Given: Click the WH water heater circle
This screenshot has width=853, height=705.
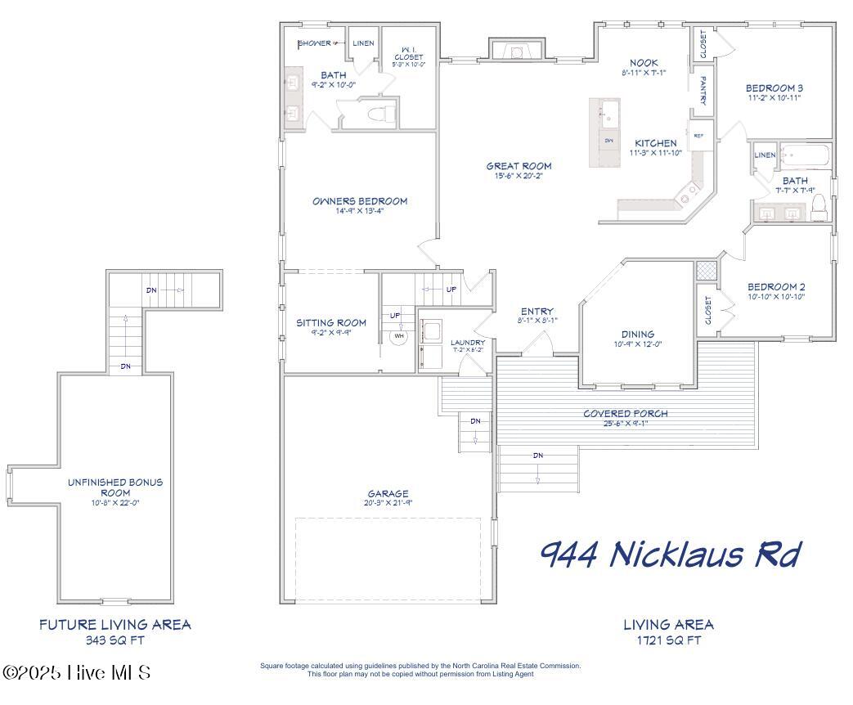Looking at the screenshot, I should [399, 336].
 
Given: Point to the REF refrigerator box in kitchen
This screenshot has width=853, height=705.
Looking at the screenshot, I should [699, 136].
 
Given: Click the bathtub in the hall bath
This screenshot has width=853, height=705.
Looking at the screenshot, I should [804, 155].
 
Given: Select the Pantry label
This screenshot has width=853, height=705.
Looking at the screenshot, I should [703, 91].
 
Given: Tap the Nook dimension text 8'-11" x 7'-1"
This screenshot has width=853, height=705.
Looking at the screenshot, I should [644, 74].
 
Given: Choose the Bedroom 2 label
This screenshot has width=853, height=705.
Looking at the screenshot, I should [776, 286].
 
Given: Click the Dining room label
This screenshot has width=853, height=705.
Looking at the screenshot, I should [637, 334].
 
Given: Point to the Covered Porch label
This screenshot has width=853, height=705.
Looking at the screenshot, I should [625, 413].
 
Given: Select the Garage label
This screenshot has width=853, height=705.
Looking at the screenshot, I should [388, 494].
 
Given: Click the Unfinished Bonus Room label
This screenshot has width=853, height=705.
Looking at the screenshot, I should [115, 487].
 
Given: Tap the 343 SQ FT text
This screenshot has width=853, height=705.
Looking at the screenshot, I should [115, 640].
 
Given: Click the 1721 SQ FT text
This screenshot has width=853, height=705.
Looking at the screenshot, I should [668, 640].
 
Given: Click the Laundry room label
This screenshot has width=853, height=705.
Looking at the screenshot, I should [469, 342].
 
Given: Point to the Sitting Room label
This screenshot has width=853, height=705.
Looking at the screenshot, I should [330, 322].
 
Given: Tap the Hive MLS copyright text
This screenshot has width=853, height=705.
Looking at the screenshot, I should [77, 672].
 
